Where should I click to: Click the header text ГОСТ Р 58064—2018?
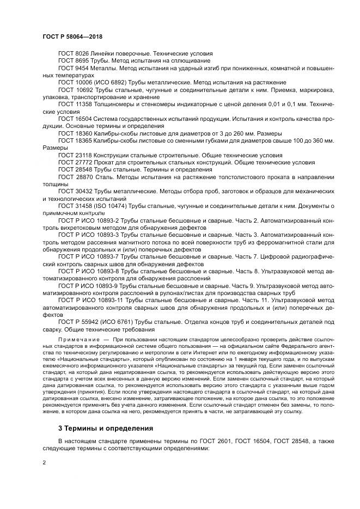click(x=72, y=36)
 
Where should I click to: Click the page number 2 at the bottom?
click(x=44, y=463)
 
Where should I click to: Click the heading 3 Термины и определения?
click(x=106, y=428)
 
